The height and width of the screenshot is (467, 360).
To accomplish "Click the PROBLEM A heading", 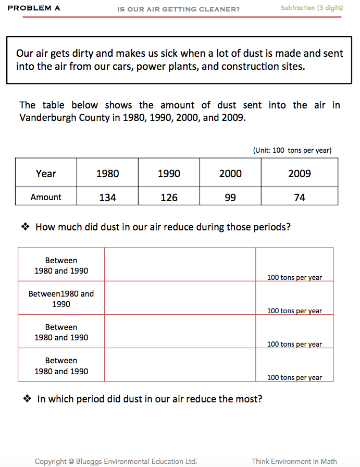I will coord(34,8).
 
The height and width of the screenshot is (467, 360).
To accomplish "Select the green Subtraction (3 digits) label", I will coord(312,8).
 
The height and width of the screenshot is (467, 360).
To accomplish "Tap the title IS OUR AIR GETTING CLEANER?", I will coord(179,9).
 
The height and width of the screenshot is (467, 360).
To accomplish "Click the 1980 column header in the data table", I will coord(107,174).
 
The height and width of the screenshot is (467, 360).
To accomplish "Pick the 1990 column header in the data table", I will coord(169,174).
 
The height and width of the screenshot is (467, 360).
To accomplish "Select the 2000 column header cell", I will coord(230,174).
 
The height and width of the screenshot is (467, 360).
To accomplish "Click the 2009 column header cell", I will coord(300,174).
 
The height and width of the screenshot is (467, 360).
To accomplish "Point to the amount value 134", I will coord(107,198).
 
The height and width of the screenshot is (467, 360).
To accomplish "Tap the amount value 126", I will coord(169,198).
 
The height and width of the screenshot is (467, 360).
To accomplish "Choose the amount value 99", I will coord(230,198).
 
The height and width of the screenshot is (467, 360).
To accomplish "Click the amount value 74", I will coord(300,198).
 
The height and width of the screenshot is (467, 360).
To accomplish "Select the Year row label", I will coord(46,174).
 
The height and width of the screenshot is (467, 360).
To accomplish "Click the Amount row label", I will coord(46,198).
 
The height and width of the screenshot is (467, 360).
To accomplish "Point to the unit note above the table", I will coord(292,151).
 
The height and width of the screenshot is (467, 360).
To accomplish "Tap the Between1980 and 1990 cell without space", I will coord(61,299).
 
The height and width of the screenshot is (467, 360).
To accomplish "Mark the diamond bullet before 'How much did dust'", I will coord(24,227).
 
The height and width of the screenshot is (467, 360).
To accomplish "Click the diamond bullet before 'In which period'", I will coord(27,399).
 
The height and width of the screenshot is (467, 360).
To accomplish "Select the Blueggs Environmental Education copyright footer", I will coord(116,461).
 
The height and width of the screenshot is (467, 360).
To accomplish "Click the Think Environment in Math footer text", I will coord(294,461).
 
